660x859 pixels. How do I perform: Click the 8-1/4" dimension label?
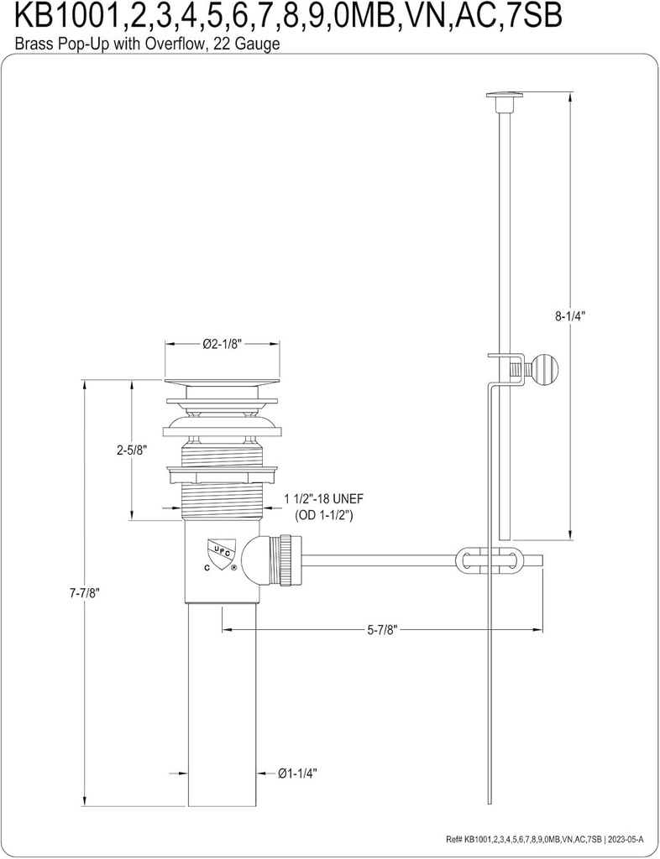[569, 316]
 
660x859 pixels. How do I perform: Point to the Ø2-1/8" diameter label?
[223, 344]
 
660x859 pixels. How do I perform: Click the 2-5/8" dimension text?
[132, 450]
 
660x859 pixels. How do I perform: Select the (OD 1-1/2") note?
[323, 514]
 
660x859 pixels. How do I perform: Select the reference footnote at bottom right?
[548, 840]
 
